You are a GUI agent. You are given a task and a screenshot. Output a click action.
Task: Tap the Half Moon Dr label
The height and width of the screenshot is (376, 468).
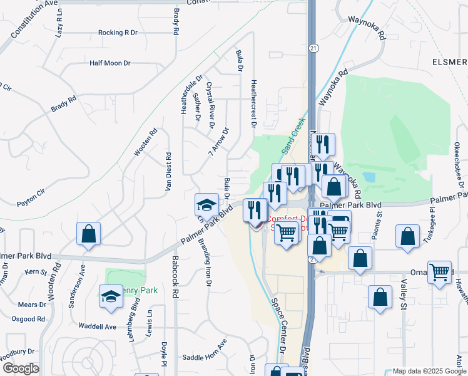[x=109, y=63]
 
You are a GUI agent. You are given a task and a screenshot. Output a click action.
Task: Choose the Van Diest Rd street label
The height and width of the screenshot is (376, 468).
[x=168, y=172]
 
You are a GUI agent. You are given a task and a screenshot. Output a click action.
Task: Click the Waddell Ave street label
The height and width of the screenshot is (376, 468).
[x=97, y=326]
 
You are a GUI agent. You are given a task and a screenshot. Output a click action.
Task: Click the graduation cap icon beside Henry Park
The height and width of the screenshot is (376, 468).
[x=111, y=296]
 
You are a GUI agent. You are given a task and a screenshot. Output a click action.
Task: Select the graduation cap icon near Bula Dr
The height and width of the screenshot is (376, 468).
[x=206, y=204]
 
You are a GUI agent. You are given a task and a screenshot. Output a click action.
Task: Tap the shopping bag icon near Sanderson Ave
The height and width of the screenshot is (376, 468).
[x=88, y=234]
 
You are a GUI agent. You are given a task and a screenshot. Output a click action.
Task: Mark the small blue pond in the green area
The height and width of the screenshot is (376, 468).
[x=369, y=177]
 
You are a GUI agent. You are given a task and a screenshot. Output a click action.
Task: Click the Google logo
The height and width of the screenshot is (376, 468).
[x=21, y=368]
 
